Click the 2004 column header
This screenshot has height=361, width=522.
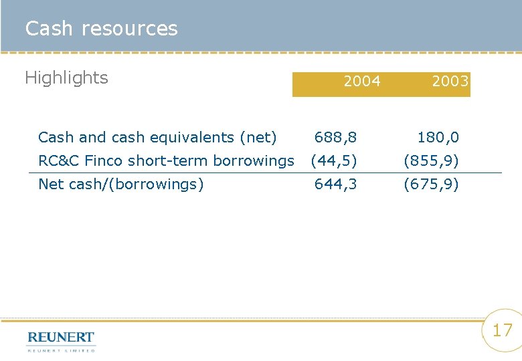pos(361,82)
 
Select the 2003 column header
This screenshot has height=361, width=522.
pos(450,82)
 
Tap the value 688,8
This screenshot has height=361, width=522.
pos(336,138)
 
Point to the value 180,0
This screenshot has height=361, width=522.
pos(438,138)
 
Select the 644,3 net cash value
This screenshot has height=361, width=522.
pos(336,184)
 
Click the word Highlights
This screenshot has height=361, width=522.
pos(66,78)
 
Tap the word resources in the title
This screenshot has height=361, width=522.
pos(129,29)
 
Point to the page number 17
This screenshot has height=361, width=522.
pos(502,330)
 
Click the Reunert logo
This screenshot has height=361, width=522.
pos(61,337)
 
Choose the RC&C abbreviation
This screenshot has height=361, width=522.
pos(59,160)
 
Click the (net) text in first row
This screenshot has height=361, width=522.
pos(258,138)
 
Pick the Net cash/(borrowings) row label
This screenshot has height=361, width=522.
pos(121,184)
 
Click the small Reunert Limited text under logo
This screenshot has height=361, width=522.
pos(61,350)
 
